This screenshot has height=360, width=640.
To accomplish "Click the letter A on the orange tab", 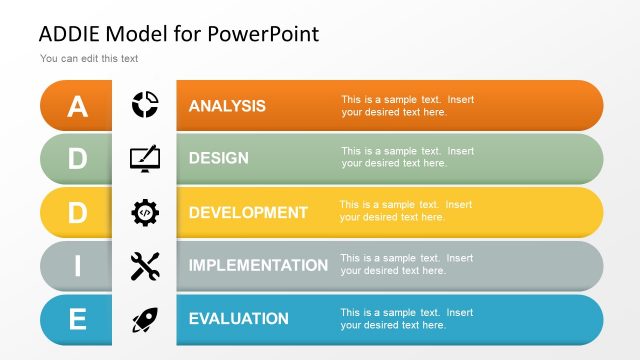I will tap(77, 106).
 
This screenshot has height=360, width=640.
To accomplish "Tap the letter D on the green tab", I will tap(77, 159).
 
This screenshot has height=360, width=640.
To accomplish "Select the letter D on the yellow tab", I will tap(77, 213).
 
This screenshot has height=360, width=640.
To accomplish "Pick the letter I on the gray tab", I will tap(77, 266).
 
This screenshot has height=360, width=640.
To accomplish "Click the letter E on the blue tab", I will tap(77, 320).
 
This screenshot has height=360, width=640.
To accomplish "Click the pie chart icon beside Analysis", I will tap(145, 104).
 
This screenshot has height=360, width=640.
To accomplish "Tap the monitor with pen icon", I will tap(145, 158).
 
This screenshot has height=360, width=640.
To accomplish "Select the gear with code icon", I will tap(145, 212).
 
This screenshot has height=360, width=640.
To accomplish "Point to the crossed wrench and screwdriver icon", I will tap(145, 266).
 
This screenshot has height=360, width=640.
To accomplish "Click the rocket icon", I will tap(145, 319).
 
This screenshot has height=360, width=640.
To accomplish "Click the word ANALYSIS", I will tap(227, 106).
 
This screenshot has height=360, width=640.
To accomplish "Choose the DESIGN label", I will tap(219, 158).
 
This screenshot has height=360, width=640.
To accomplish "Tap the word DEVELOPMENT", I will tap(248, 212).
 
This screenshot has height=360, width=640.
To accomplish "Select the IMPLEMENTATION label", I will tap(258, 266).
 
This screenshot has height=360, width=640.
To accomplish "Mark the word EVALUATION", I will tap(238, 319).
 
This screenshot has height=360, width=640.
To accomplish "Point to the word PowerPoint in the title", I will tap(264, 34).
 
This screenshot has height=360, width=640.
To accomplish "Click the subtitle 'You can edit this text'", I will tap(89, 59).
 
